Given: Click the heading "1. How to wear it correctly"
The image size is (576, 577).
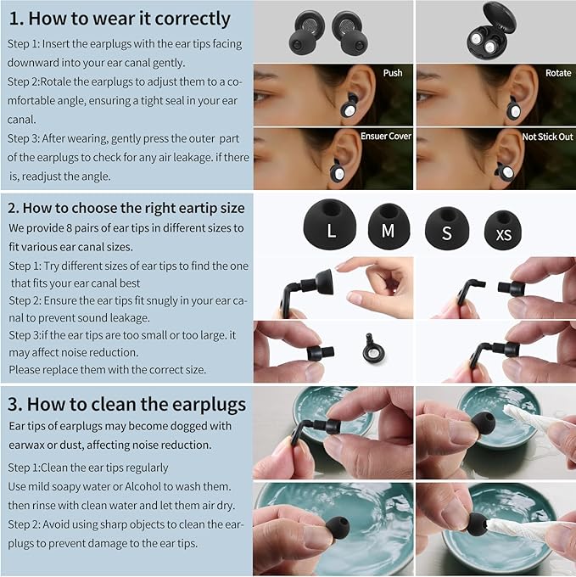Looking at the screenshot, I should (x=120, y=18).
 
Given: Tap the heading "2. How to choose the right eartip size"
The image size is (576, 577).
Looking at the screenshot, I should (x=126, y=207).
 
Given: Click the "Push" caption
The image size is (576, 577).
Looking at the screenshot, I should (x=392, y=73).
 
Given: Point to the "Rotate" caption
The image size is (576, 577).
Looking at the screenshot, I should (x=558, y=73).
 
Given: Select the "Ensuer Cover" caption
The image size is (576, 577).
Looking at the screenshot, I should (x=386, y=136).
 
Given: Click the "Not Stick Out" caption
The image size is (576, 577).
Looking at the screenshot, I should (x=547, y=136).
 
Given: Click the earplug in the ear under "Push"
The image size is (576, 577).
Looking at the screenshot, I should (x=350, y=105).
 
